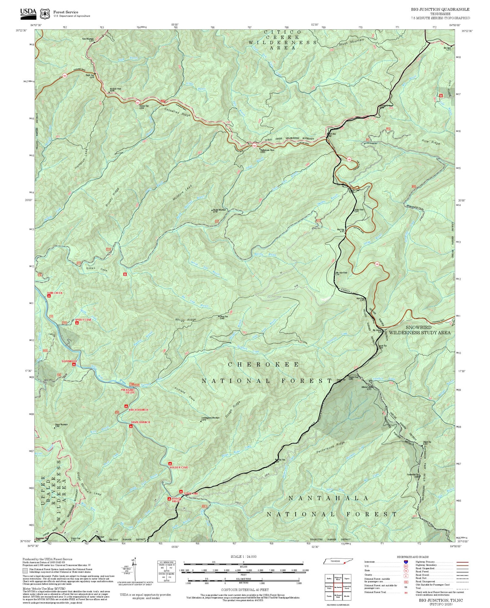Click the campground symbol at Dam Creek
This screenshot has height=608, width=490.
point(49,296)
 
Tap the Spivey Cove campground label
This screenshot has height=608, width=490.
point(83,320)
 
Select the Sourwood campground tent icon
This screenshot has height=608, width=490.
point(74,364)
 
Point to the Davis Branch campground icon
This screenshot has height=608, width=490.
point(131,426)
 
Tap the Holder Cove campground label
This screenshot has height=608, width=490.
point(179,468)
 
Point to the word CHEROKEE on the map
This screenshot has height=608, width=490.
point(263,364)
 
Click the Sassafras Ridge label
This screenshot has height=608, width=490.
point(177,111)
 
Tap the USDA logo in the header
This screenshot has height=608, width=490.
point(28,12)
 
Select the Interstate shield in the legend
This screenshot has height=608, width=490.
point(406,562)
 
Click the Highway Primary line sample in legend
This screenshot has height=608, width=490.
point(461,562)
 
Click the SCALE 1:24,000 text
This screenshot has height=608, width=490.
point(243,556)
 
